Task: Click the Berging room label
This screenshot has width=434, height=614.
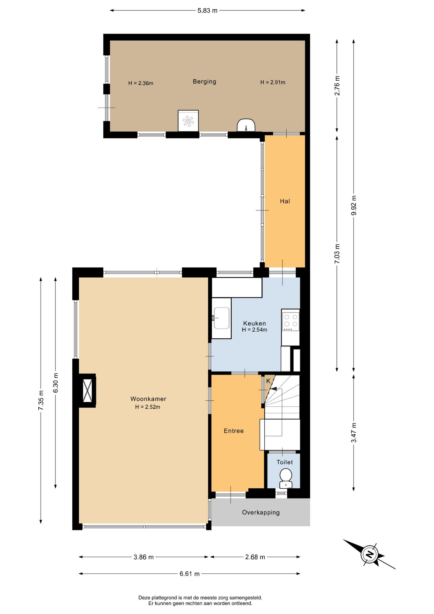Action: [x=205, y=82]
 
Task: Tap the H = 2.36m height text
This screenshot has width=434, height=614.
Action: [x=141, y=83]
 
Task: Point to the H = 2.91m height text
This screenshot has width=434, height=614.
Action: [x=273, y=82]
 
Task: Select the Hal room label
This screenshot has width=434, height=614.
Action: [x=285, y=201]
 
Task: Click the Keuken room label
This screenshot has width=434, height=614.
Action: [x=254, y=323]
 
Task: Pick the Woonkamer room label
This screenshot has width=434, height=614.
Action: [x=148, y=399]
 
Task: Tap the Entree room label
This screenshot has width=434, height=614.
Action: [x=234, y=431]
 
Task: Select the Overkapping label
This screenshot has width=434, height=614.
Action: [x=261, y=513]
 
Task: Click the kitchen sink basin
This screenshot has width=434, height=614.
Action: [x=221, y=318]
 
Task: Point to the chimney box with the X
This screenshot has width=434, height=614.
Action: [x=88, y=390]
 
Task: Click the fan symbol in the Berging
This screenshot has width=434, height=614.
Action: [x=188, y=121]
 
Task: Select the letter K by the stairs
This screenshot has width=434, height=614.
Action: [x=268, y=381]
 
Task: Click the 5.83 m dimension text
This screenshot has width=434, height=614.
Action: [x=207, y=11]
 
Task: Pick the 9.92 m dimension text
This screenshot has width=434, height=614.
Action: [x=354, y=205]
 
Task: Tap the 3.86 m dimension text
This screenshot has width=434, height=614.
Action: [x=143, y=557]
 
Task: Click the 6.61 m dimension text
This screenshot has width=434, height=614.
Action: [x=190, y=574]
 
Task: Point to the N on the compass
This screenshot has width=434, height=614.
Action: [x=370, y=554]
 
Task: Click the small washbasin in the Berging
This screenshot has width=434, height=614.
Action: [x=246, y=125]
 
